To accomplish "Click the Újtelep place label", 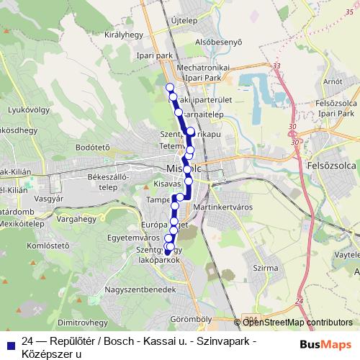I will coord(184,20).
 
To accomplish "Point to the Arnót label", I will coord(333,82).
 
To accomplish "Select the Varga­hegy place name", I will coord(77,215).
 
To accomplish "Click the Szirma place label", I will coord(266,267).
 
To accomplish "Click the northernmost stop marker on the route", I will coord(171,88).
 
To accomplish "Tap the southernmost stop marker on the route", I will coord(167,251).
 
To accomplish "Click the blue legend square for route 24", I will coord(9,341).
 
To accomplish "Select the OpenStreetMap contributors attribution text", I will coord(297,323).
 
